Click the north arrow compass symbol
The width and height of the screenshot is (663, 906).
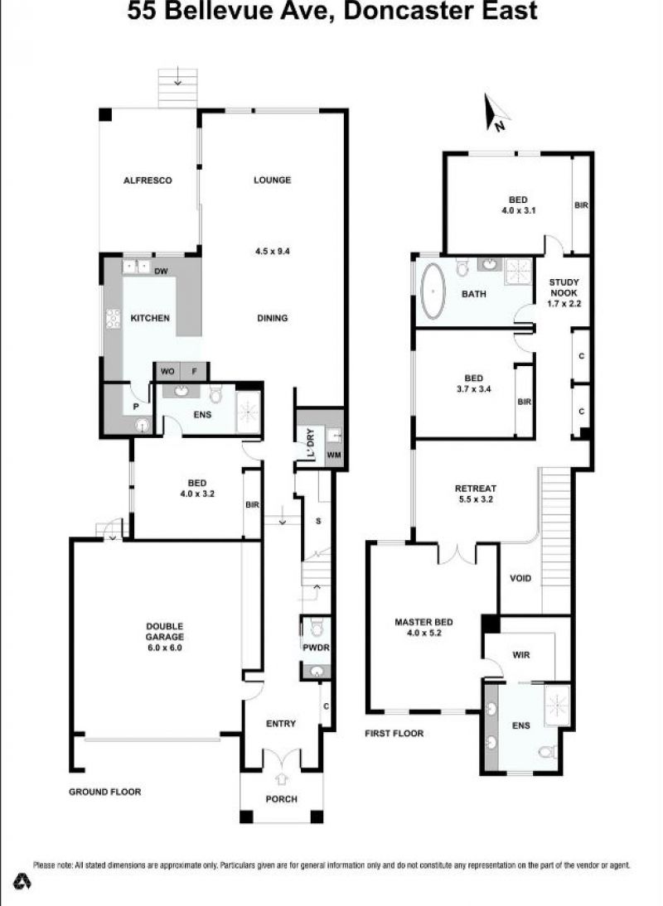pos(496,113)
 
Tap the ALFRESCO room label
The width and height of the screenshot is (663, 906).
pos(148,181)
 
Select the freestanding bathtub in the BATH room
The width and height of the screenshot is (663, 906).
pos(433,292)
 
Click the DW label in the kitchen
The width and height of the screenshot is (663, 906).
pos(162,271)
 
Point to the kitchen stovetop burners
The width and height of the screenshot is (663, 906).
pos(113,319)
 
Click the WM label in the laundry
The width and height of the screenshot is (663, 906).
pos(334,455)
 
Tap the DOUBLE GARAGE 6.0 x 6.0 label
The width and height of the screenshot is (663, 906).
pos(164,637)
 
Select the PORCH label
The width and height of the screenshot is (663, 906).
pos(282,799)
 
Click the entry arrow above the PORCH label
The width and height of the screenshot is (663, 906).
pos(282,779)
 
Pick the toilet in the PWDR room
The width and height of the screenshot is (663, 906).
pos(316,627)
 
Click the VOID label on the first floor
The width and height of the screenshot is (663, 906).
pos(520,578)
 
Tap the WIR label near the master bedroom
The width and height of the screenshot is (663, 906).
pos(520,654)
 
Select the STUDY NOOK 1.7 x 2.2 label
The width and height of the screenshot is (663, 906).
pos(564,292)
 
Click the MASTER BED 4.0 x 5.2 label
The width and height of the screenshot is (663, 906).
pos(423,627)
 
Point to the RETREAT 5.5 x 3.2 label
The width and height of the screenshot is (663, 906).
pos(476,494)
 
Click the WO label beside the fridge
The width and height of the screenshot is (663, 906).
pos(167,371)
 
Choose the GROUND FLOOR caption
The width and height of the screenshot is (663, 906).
pos(104,792)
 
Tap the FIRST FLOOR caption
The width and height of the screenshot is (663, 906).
pos(394,733)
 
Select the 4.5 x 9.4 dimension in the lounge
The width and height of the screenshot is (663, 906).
pos(272,252)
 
